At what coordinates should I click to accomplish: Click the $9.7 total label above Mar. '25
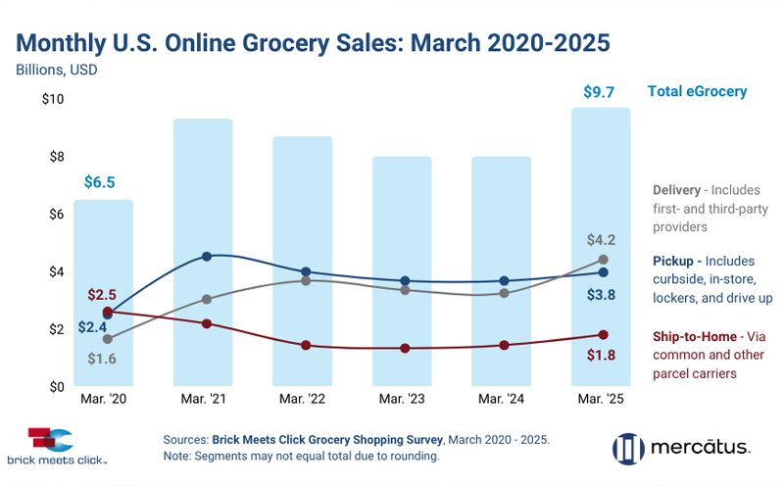coord(599,92)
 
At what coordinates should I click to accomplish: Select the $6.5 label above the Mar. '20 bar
coord(99,182)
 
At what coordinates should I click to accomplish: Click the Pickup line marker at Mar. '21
coord(207,256)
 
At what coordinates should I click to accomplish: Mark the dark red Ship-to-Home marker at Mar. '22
coord(306,345)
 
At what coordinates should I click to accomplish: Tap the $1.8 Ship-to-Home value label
coord(599,355)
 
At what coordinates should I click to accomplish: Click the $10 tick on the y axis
coord(53,99)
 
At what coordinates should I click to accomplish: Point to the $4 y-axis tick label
coord(56,271)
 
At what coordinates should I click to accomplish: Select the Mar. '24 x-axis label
coord(502,400)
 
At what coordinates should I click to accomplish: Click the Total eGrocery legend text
coord(697,91)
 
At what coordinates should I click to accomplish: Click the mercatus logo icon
coord(628,448)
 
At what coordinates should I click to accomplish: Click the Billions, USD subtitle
coord(56,70)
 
